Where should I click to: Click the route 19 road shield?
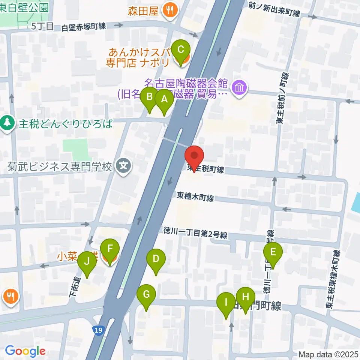98,330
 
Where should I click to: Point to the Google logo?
25,351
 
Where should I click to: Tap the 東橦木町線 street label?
195,197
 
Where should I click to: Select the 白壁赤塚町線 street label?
83,27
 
